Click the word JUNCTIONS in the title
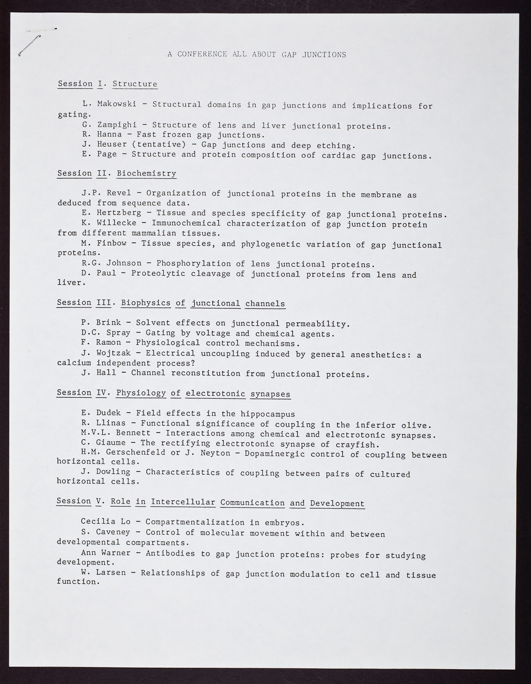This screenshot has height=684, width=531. [x=324, y=55]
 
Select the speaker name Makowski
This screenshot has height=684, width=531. [x=116, y=104]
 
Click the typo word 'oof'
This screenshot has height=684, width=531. [x=308, y=155]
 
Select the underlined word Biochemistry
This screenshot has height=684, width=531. [x=146, y=174]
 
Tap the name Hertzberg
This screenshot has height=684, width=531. [x=119, y=213]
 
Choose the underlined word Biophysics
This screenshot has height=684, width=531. [x=146, y=303]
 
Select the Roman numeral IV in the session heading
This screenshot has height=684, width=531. [x=101, y=393]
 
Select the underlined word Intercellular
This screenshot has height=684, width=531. [x=183, y=502]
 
